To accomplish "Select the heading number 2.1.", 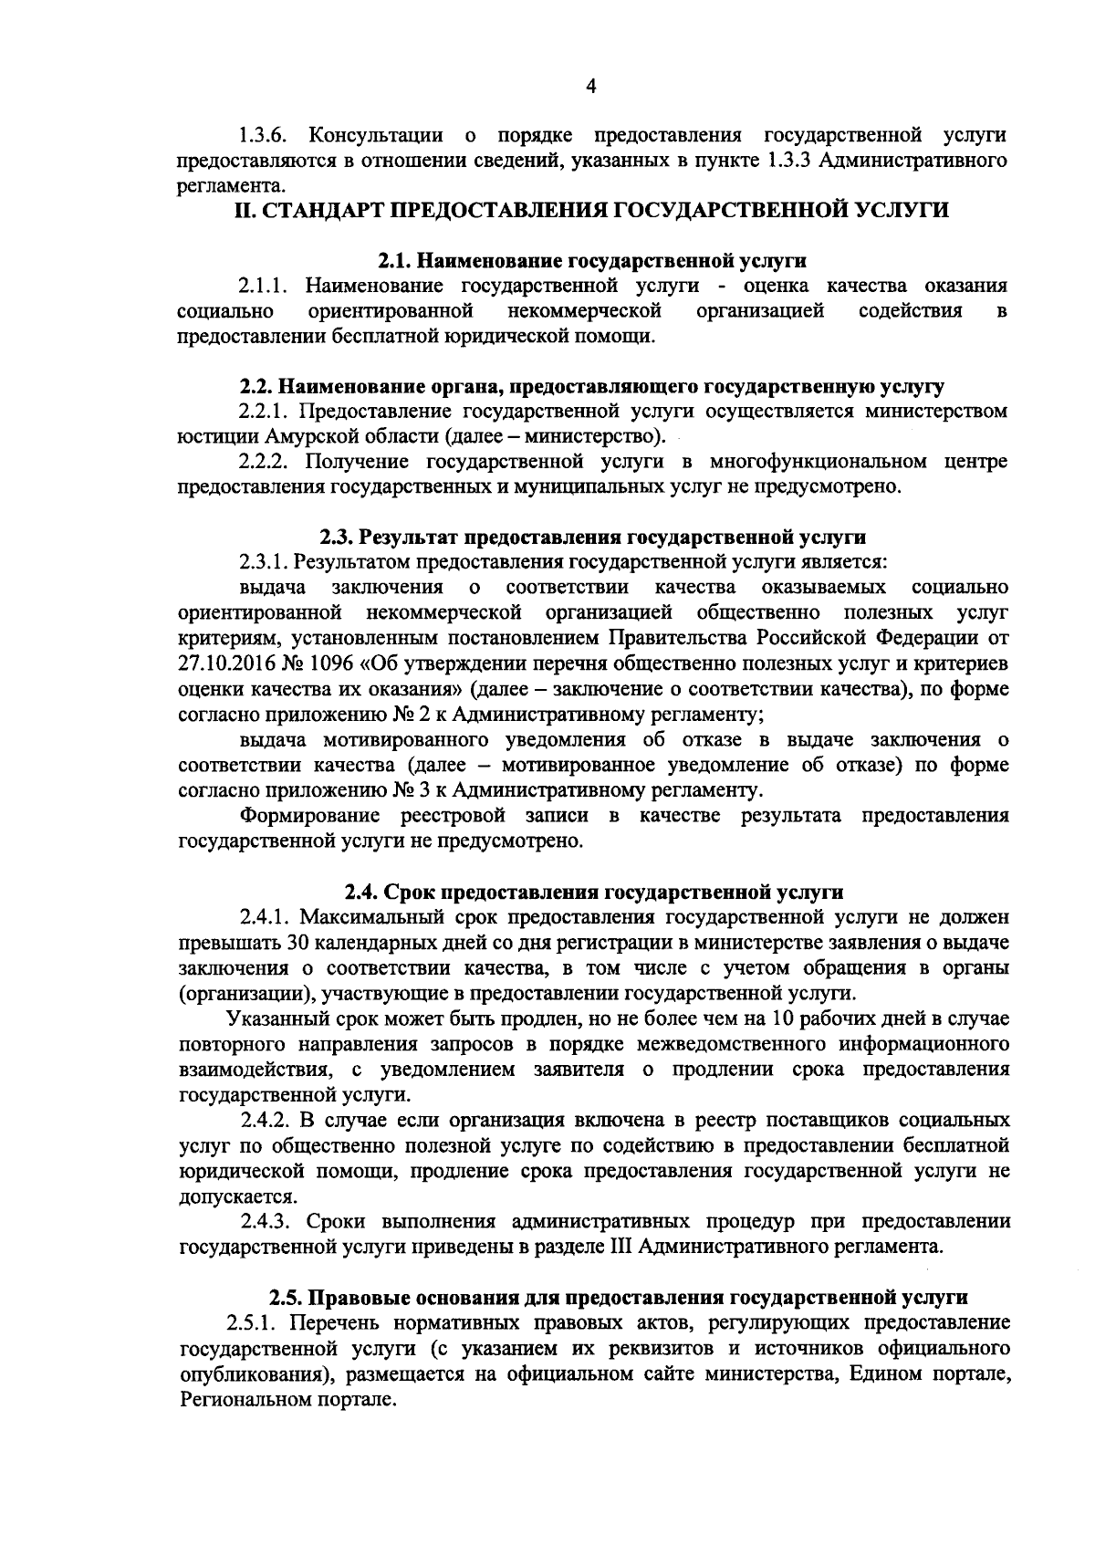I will [x=393, y=262].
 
